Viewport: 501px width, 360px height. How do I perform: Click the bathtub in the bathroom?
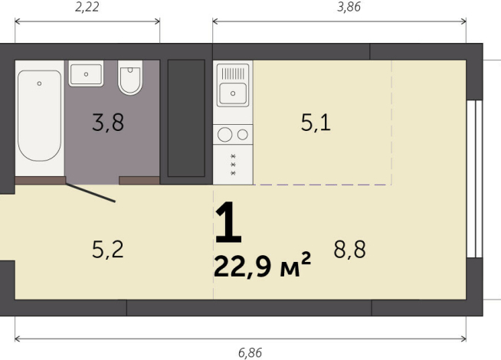pyautogui.click(x=39, y=116)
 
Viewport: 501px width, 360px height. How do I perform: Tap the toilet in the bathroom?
pyautogui.click(x=130, y=79)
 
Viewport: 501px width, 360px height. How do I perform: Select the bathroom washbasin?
pyautogui.click(x=87, y=75)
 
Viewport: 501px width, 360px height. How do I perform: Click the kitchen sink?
pyautogui.click(x=232, y=91)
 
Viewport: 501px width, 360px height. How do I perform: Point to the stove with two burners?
pyautogui.click(x=233, y=135)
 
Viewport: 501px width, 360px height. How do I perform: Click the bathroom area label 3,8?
pyautogui.click(x=108, y=123)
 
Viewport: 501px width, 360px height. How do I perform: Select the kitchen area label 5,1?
pyautogui.click(x=316, y=123)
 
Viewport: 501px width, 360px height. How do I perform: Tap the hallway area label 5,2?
pyautogui.click(x=108, y=248)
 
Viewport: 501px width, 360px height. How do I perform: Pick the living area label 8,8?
pyautogui.click(x=349, y=248)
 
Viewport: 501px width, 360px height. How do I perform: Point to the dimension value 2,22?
pyautogui.click(x=86, y=8)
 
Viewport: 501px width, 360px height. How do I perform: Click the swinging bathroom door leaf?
pyautogui.click(x=90, y=192)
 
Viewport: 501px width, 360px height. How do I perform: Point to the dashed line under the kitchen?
pyautogui.click(x=322, y=185)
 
